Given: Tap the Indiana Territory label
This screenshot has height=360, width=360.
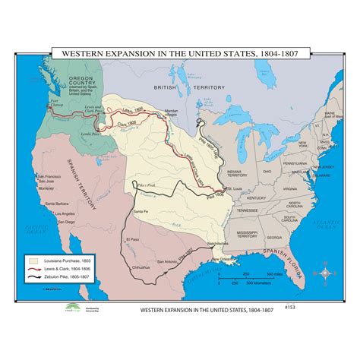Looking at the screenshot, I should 248,172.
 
